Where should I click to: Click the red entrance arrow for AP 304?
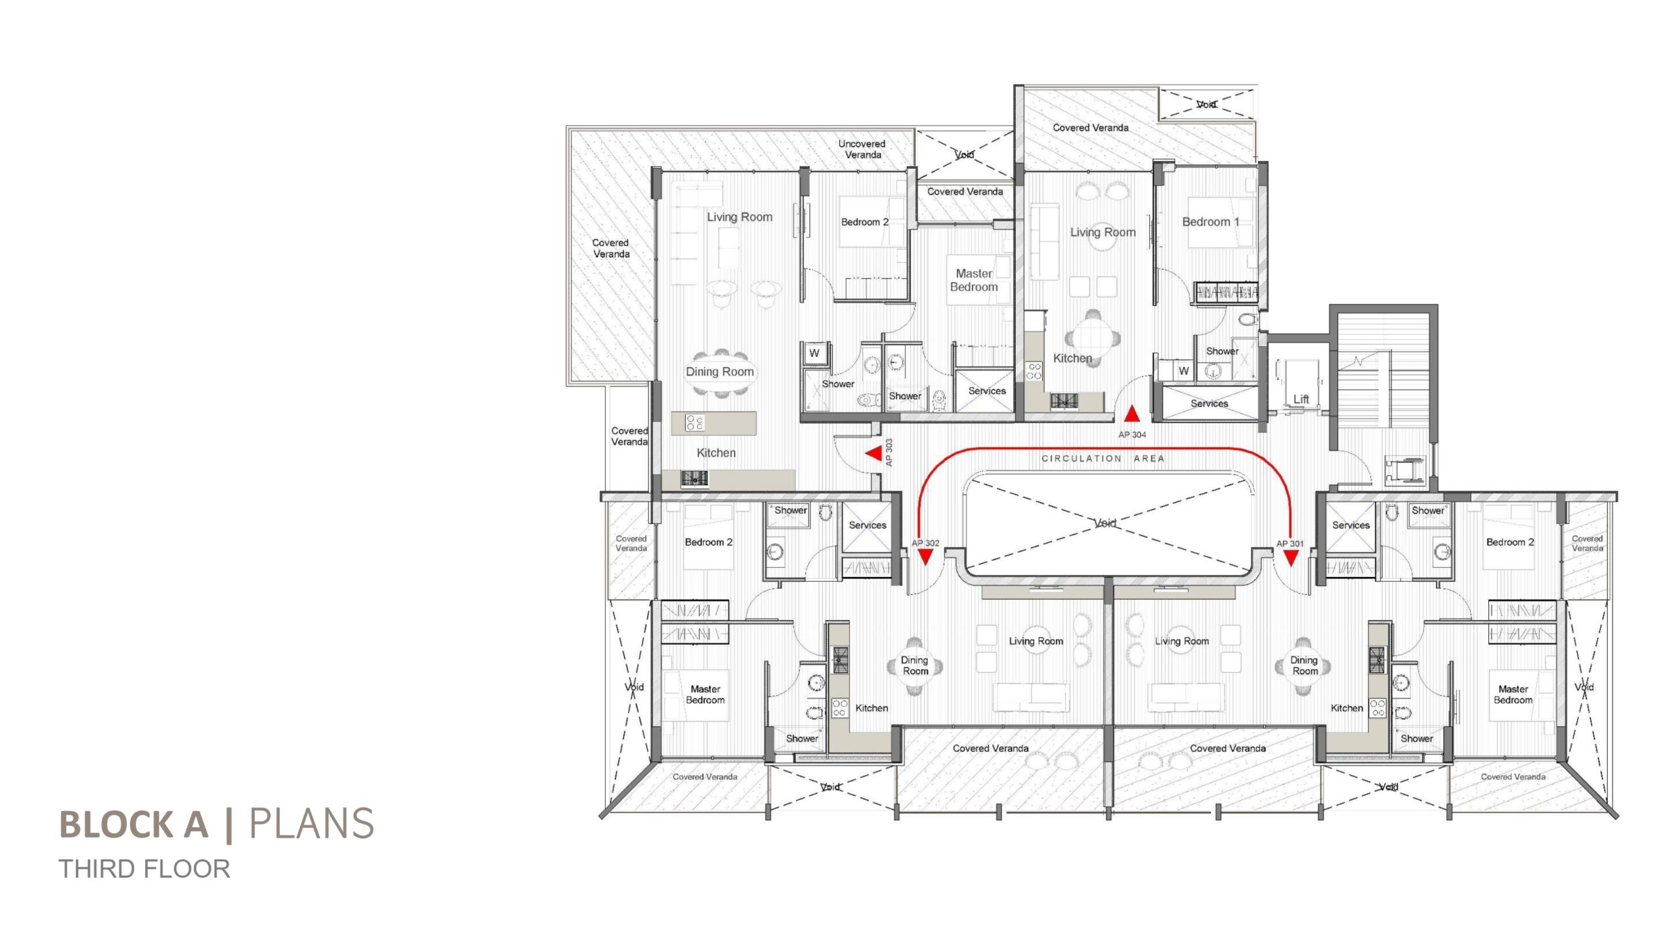tap(1132, 414)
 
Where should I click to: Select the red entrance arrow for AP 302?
tap(925, 557)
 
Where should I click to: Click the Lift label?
tap(1301, 399)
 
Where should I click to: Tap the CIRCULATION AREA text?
tap(1103, 458)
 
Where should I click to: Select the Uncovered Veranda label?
tap(862, 149)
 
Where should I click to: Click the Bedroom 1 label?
tap(1211, 222)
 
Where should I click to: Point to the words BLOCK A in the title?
tap(134, 825)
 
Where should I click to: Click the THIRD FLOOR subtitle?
tap(144, 869)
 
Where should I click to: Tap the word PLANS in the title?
tap(311, 824)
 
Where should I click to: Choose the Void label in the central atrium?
tap(1105, 523)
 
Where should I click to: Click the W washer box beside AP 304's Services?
tap(1183, 370)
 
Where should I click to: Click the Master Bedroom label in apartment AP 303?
tap(974, 280)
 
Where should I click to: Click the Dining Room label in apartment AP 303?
tap(720, 372)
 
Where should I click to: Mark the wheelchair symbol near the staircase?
tap(1405, 470)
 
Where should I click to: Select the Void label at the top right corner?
tap(1206, 104)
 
